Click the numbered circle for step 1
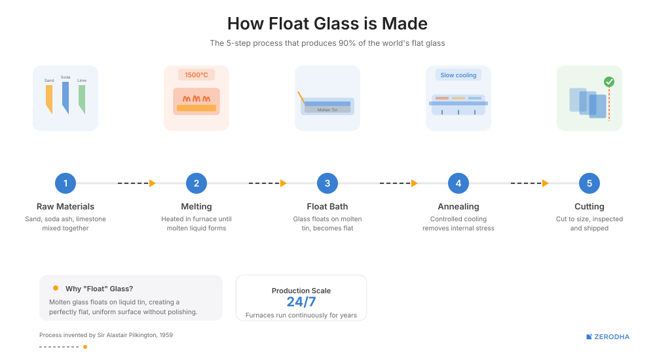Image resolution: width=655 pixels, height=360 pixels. click(65, 183)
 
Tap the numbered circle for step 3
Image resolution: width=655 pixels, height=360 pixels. click(327, 183)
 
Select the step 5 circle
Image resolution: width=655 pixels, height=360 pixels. click(589, 183)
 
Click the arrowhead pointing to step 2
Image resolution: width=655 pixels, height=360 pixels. click(153, 183)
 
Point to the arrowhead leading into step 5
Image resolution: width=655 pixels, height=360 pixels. click(546, 183)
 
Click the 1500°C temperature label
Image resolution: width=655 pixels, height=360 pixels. click(196, 75)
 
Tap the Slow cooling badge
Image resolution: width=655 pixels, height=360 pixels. click(458, 75)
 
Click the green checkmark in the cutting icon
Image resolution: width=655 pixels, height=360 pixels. click(609, 82)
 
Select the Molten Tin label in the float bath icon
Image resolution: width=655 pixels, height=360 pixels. click(327, 110)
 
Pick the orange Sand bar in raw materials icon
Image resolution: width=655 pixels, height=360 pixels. click(49, 98)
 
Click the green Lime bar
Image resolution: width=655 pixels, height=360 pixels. click(82, 98)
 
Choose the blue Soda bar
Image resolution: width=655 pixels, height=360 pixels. click(65, 97)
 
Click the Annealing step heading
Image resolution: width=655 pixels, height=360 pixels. click(458, 207)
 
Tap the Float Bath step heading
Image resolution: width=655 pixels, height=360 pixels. click(327, 207)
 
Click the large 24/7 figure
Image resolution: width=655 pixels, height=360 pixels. click(301, 302)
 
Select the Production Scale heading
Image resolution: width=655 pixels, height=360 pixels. click(301, 291)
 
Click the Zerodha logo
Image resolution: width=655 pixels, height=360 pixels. click(608, 337)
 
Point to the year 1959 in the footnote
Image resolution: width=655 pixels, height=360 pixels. click(165, 335)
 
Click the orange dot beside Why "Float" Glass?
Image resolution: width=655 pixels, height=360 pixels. click(56, 288)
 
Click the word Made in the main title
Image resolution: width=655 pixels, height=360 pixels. click(406, 24)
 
